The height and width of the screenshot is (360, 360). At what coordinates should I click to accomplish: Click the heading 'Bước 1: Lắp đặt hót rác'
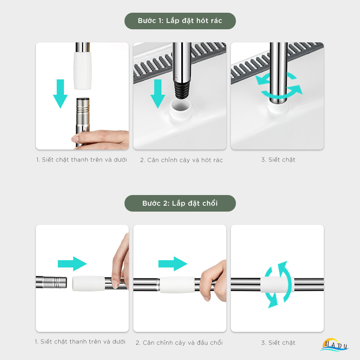coord(180,21)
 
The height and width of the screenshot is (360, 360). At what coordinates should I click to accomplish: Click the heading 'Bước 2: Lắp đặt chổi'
coord(180,203)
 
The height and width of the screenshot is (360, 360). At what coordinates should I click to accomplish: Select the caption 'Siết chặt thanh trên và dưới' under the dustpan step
coord(81,160)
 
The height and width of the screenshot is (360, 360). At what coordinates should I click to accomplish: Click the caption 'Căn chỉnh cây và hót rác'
coord(182,160)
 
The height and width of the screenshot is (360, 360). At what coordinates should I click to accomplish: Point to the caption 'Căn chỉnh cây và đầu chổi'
coord(179,343)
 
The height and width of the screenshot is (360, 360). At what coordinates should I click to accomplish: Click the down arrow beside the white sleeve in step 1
coord(60,94)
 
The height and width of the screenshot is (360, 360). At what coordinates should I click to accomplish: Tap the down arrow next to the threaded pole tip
coord(158,94)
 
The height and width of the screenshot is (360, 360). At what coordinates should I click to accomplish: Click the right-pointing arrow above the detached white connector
coord(72,264)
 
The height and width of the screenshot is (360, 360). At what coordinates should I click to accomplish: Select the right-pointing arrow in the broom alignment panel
coord(173,264)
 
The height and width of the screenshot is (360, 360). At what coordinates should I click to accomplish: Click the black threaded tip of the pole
coord(182,90)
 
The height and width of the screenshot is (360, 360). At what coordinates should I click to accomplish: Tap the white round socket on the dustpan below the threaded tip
coord(181,109)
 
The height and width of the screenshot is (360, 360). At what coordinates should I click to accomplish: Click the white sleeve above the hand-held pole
coord(82,71)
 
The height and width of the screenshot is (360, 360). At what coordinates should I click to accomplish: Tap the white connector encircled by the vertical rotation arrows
coord(277,284)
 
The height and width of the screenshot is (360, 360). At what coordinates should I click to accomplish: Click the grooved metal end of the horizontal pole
coord(52,282)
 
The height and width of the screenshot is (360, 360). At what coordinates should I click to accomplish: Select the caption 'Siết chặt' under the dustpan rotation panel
coord(278,160)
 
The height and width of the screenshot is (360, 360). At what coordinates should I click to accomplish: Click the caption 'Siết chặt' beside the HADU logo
coord(278,343)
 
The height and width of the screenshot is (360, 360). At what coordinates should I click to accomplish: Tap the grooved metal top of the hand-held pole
coord(83,108)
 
